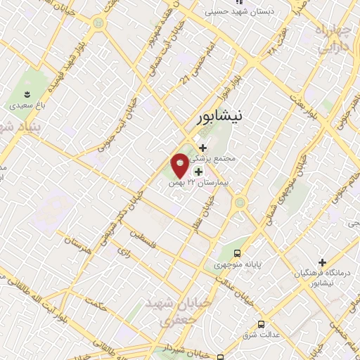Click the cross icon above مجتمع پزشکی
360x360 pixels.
coord(203,148)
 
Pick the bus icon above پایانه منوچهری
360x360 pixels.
coord(237,252)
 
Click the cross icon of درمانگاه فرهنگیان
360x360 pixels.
coord(322,262)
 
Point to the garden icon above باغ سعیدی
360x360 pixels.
coord(27,94)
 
